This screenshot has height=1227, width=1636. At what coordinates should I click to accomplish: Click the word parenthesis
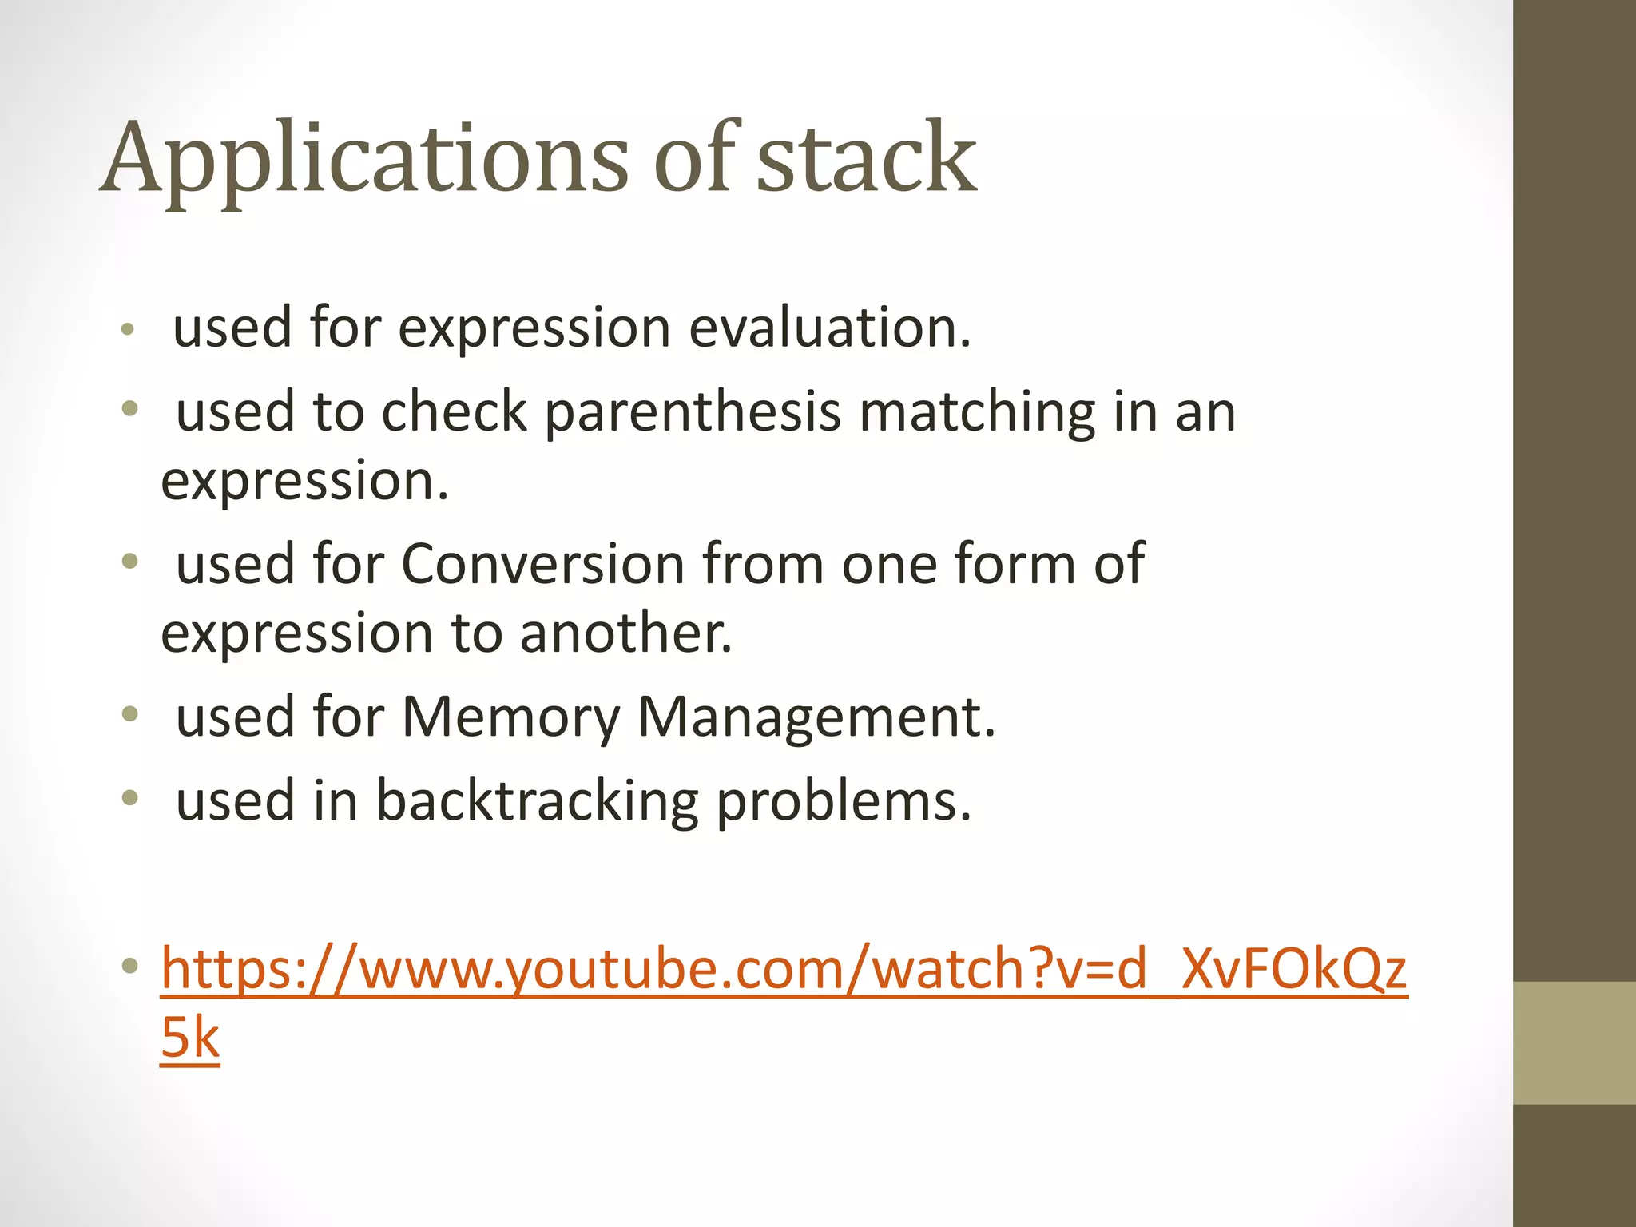point(693,413)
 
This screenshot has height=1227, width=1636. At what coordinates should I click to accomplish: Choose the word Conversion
point(543,564)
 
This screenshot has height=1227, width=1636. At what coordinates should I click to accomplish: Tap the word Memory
point(510,717)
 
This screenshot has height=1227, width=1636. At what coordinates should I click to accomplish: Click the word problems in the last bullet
point(844,801)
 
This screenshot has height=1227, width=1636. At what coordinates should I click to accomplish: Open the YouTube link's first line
point(784,969)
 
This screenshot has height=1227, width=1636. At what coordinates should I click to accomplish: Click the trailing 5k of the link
point(190,1038)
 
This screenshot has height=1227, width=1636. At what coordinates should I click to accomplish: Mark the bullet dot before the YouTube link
point(130,967)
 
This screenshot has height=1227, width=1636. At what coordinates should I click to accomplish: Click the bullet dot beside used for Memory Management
point(130,714)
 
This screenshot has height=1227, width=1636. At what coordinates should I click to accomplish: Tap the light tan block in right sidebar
point(1574,1042)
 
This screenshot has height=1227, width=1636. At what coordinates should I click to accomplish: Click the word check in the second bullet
point(455,413)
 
